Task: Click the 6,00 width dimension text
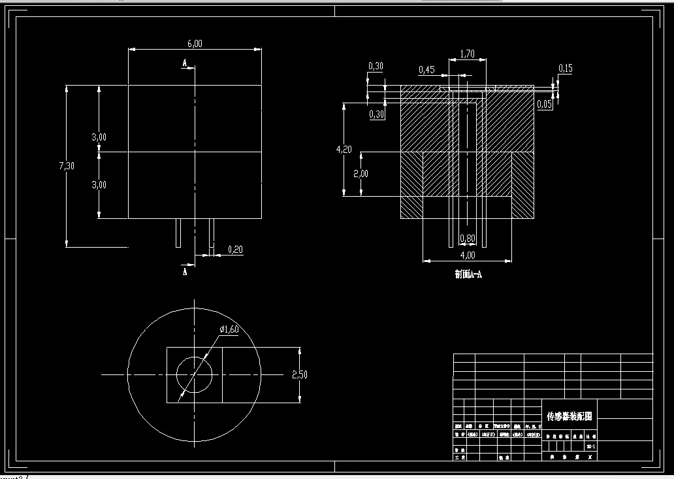tap(195, 44)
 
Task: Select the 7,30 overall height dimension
tap(67, 165)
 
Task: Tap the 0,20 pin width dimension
tap(235, 249)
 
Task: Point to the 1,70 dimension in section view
tap(467, 54)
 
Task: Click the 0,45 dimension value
tap(426, 70)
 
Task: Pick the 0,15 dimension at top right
tap(566, 69)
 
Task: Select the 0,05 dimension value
tap(545, 104)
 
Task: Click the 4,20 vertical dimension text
tap(344, 149)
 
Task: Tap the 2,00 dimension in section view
tap(361, 174)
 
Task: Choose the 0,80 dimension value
tap(468, 238)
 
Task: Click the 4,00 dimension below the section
tap(468, 255)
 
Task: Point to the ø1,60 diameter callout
tap(229, 329)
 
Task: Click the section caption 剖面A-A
tap(468, 274)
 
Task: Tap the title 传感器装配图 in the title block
tap(569, 416)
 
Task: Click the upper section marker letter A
tap(185, 64)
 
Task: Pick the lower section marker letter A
tap(185, 271)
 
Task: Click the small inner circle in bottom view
tap(195, 375)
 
